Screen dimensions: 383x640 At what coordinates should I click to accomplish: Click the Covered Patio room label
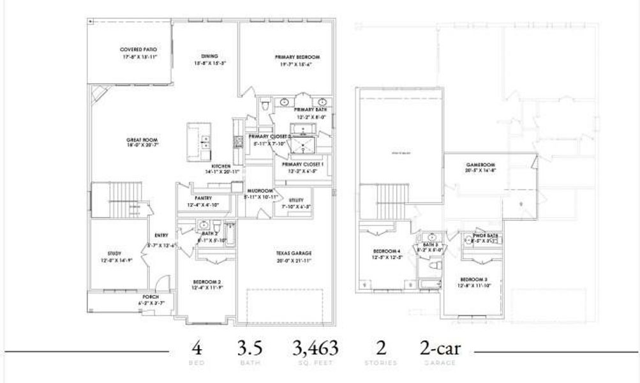click(139, 50)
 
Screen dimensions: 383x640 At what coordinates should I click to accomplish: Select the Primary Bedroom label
click(297, 57)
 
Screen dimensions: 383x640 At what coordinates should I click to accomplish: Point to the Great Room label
click(142, 140)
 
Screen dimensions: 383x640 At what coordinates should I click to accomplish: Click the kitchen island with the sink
click(198, 142)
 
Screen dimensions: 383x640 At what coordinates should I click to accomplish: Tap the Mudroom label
click(261, 191)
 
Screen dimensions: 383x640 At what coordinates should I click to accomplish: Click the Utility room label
click(295, 200)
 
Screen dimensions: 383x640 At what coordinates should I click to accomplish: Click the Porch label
click(151, 297)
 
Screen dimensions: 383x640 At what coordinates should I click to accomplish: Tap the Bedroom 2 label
click(207, 282)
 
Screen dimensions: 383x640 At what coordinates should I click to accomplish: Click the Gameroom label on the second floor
click(480, 165)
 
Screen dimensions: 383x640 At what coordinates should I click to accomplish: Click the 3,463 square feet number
click(315, 349)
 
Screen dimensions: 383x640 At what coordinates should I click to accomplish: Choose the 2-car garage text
click(439, 349)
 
